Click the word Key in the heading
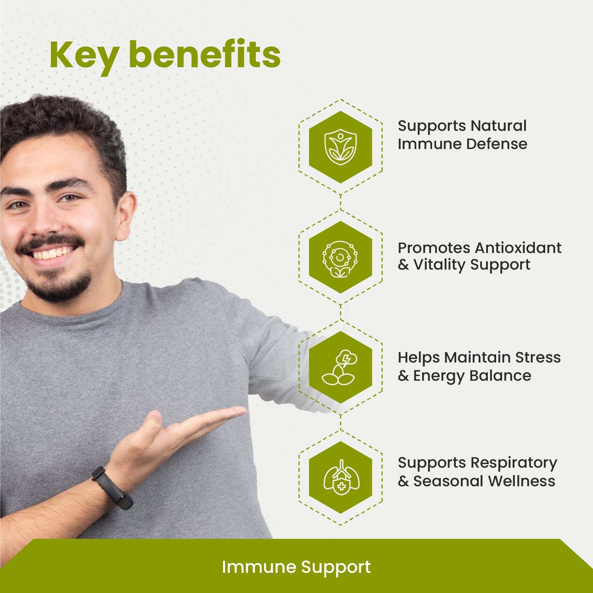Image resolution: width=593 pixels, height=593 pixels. click(x=84, y=55)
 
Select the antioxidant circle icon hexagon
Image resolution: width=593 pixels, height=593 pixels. click(x=340, y=258)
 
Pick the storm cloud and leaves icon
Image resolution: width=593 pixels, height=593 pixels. click(x=340, y=368)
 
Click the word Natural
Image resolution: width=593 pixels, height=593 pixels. click(x=499, y=126)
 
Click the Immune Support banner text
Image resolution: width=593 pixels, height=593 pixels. click(x=296, y=567)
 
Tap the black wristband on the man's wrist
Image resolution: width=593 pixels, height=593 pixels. click(x=111, y=488)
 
